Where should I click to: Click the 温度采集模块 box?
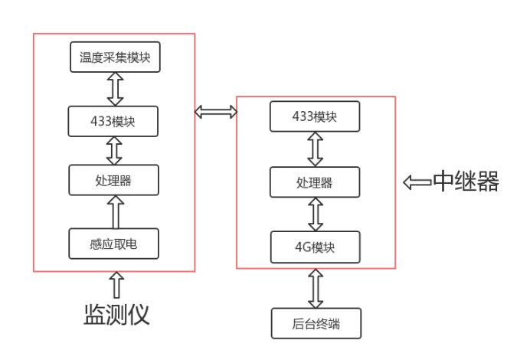coord(115,57)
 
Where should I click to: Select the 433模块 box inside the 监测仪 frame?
coord(113,121)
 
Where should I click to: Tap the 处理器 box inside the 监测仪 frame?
coord(113,181)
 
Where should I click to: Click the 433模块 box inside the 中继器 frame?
coord(315,116)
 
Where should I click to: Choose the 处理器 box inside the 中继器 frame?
coord(315,182)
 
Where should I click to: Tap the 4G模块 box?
coord(315,247)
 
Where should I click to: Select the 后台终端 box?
coord(316,323)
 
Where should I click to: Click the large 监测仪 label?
coord(116,314)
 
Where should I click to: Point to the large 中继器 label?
coord(466,182)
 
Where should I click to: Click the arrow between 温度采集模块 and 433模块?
coord(115,89)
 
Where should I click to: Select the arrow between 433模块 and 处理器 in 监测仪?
coord(114,151)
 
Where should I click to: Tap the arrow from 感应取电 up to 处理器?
coord(114,212)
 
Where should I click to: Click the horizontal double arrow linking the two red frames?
coord(216,113)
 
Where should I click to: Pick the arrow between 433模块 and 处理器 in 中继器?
coord(315,149)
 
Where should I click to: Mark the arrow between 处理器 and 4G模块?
coord(315,214)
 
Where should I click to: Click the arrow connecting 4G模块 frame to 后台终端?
coord(315,289)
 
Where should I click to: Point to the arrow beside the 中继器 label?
coord(417,182)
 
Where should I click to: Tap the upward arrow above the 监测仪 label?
coord(116,286)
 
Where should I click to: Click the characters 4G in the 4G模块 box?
coord(302,247)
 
